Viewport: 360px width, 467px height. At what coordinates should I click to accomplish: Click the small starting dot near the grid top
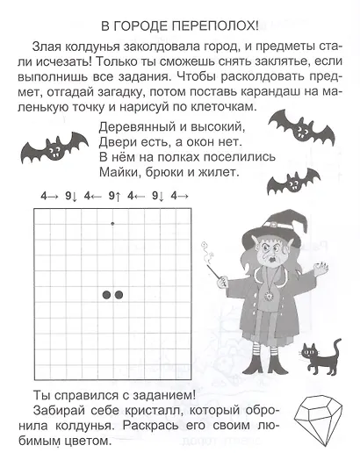coord(112,224)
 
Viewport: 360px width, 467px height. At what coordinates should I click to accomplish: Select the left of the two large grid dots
coord(105,294)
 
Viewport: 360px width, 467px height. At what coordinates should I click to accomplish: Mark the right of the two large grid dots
coord(119,294)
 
